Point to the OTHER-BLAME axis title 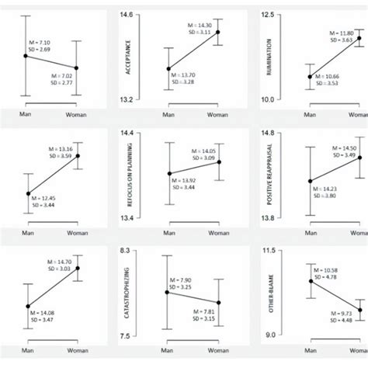pyautogui.click(x=269, y=295)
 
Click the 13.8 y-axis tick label pyautogui.click(x=267, y=218)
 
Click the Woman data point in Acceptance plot pyautogui.click(x=217, y=32)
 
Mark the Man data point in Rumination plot pyautogui.click(x=310, y=76)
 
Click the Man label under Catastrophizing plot pyautogui.click(x=167, y=350)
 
